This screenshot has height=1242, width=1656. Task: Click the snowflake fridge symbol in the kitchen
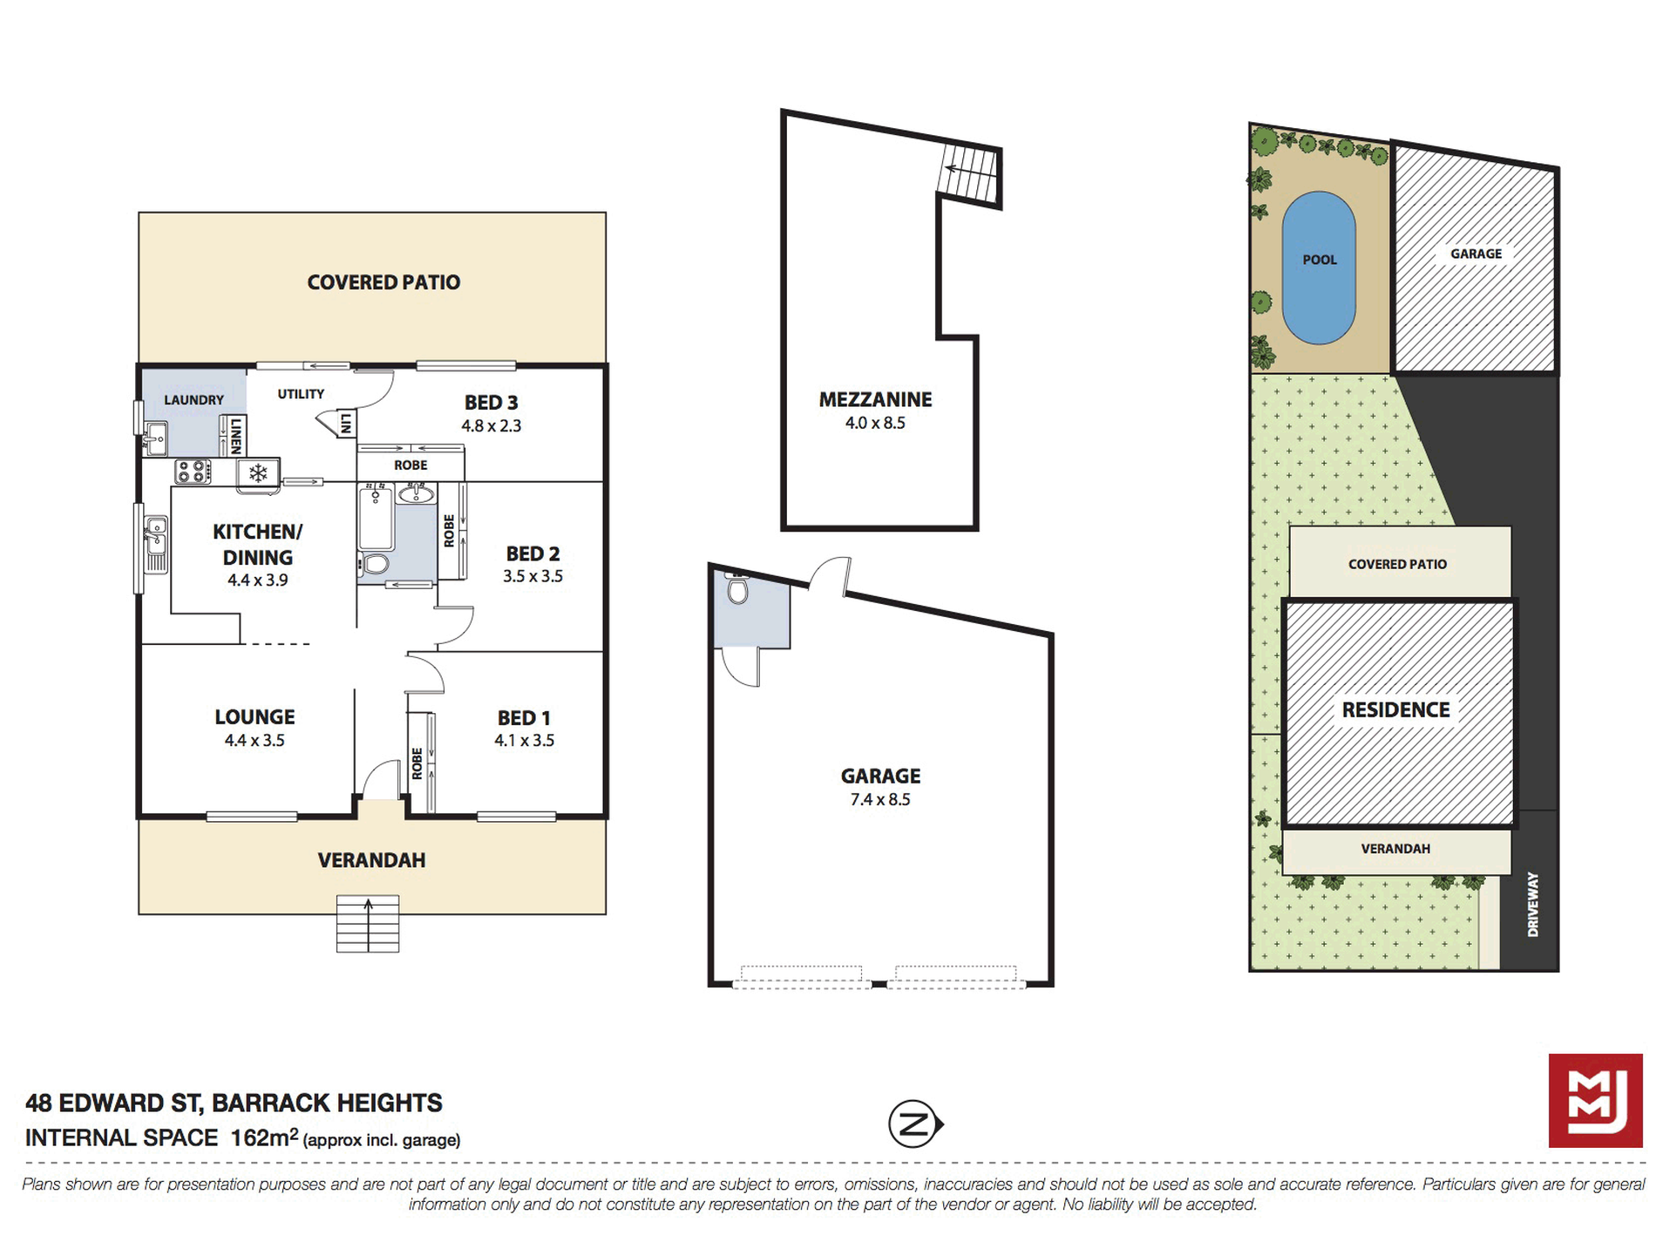258,473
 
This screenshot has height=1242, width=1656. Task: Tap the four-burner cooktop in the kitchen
193,472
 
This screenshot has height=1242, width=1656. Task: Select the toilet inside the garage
737,590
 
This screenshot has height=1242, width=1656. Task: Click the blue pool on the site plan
1318,268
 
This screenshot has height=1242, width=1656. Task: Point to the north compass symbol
914,1124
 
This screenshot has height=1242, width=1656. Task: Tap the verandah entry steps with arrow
368,923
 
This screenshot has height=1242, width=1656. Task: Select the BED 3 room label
491,403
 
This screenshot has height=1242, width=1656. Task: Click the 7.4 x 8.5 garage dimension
880,799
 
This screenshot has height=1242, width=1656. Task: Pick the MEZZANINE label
875,399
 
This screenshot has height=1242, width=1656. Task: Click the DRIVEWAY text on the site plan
1533,905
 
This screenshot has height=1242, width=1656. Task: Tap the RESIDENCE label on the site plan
1395,709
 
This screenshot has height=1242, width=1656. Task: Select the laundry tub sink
155,438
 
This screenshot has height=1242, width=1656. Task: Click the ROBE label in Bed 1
417,763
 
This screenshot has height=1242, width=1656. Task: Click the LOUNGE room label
255,716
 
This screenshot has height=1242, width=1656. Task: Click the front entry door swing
382,779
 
